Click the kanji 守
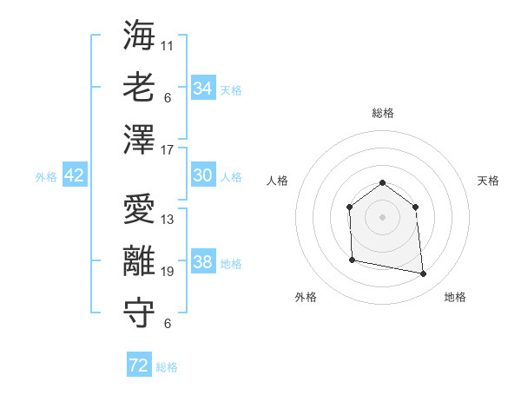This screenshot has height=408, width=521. point(139,314)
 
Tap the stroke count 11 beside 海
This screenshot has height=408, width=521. point(168,44)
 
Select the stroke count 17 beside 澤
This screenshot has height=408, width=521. point(168,150)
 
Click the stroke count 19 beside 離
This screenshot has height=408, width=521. point(168,272)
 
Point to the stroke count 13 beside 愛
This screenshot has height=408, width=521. point(168,220)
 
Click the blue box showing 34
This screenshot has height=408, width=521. point(202,88)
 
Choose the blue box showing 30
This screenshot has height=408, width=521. point(202,175)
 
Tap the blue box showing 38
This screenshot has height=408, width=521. point(202,262)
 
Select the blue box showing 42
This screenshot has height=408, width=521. point(75,175)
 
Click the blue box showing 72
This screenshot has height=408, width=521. point(138,365)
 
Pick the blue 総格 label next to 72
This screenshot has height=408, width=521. point(167,367)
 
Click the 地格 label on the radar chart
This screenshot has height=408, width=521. point(455,297)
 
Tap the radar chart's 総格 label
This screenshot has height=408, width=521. point(382,113)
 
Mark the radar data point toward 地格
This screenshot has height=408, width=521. point(423,274)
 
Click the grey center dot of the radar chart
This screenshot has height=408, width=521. point(382,216)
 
